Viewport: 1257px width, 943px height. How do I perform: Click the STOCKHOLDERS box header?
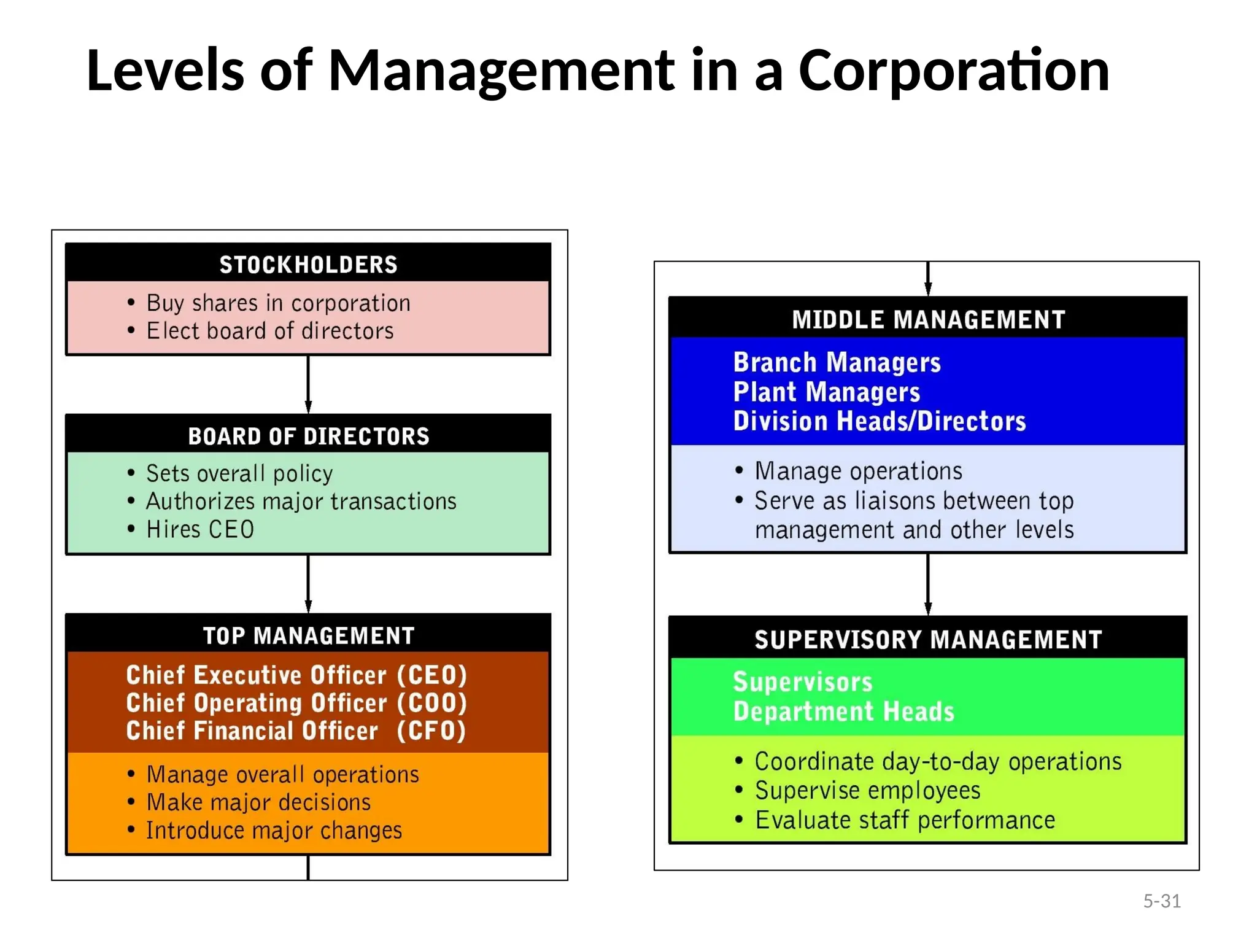tap(308, 265)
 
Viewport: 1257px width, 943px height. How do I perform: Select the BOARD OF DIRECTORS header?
tap(308, 436)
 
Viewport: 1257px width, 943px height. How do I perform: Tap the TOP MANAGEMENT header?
tap(308, 635)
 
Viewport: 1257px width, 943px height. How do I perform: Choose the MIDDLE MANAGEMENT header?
tap(928, 319)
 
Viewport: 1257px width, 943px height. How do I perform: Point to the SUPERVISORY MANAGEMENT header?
tap(928, 639)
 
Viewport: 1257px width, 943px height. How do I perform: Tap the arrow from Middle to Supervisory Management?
tap(928, 584)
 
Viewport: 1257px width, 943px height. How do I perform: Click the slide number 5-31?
tap(1162, 901)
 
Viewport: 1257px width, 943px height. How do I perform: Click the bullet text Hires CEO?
tap(200, 529)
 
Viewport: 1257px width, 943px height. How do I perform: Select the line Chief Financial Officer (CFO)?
tap(296, 731)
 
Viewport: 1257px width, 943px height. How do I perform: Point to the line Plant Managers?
tap(826, 392)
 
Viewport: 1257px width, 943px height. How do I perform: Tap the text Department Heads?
tap(843, 712)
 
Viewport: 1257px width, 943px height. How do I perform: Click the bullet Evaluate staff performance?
tap(905, 820)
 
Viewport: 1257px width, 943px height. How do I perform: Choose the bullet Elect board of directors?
tap(269, 331)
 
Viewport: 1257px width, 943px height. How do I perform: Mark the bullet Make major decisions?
tap(258, 802)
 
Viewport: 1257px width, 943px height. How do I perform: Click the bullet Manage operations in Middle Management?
tap(858, 471)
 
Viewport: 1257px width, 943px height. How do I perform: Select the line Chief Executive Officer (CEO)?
tap(296, 675)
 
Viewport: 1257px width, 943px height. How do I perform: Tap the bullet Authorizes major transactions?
tap(301, 502)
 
